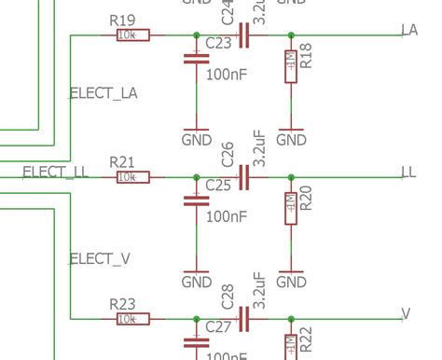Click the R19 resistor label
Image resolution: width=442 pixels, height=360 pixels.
tap(122, 20)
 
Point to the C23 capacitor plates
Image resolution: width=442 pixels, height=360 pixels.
tap(196, 58)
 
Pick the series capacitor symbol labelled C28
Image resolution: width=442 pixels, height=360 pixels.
tap(244, 319)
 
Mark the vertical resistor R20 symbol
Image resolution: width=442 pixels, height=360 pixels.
tap(292, 208)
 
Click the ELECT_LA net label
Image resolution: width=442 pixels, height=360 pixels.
tap(104, 92)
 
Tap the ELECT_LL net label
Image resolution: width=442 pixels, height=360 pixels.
tap(55, 172)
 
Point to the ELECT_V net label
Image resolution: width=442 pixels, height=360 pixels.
tap(93, 258)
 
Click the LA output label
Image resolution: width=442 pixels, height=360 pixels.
tap(408, 30)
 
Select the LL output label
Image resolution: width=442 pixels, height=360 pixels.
tap(407, 172)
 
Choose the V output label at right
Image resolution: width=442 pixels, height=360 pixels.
tap(406, 313)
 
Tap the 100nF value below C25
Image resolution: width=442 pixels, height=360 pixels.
tap(227, 216)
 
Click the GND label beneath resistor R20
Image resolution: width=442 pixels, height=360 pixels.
tap(292, 282)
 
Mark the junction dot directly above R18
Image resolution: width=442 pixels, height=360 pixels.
tap(292, 35)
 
